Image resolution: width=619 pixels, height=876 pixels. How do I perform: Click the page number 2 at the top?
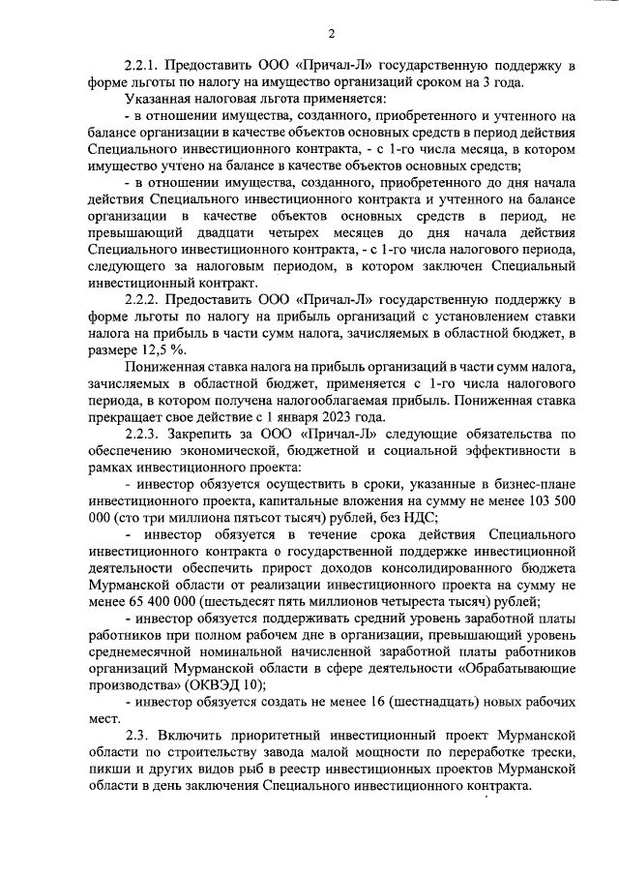330,36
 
